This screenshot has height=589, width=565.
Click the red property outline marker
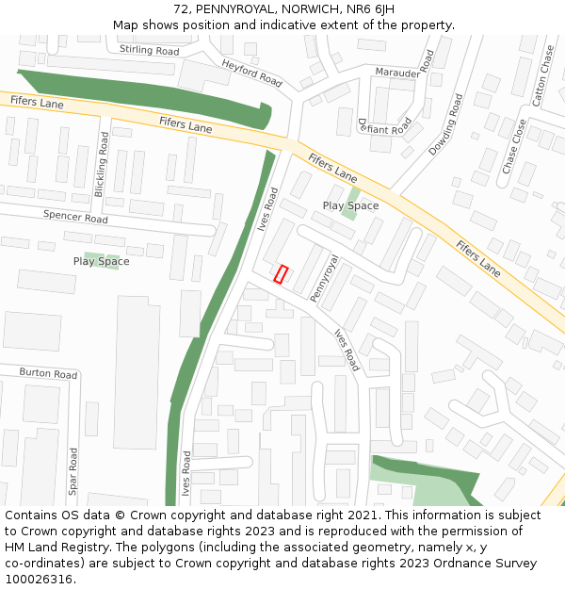point(281,274)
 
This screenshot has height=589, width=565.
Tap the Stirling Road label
point(149,50)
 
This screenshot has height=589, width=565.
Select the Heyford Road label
point(252,73)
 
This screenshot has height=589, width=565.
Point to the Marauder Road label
point(405,72)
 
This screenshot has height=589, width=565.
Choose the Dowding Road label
point(445,124)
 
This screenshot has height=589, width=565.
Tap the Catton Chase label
point(542,74)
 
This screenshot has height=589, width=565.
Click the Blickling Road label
point(102,164)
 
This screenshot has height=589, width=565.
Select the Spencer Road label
point(75,216)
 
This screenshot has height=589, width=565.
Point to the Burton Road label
point(48,374)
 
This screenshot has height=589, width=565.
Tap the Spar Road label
point(73,471)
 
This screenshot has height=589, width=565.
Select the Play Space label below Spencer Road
point(101,261)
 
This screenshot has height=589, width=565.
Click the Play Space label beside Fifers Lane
point(350,205)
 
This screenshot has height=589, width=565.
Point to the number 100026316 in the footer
point(40,579)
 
